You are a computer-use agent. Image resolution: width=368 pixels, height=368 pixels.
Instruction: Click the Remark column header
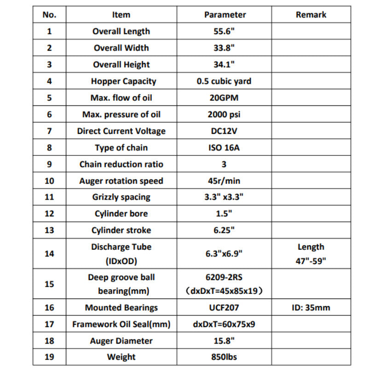click(311, 15)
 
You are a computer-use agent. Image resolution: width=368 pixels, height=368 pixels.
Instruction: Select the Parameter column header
click(225, 15)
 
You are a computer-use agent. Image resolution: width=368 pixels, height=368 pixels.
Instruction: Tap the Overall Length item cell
click(121, 31)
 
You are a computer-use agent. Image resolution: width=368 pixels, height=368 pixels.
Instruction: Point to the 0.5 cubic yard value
click(224, 81)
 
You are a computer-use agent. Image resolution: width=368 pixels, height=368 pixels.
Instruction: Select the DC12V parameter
click(224, 131)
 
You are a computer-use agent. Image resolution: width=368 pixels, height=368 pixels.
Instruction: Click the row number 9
click(49, 164)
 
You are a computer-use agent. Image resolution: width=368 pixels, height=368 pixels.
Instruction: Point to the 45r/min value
click(224, 181)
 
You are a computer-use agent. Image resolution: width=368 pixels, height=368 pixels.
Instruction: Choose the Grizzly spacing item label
click(121, 197)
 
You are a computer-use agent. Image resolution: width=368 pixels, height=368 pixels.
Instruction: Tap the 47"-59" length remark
click(311, 261)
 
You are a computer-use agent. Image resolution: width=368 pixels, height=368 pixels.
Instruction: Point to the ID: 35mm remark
click(311, 308)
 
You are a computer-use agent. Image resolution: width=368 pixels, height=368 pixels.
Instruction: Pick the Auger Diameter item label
click(121, 341)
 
